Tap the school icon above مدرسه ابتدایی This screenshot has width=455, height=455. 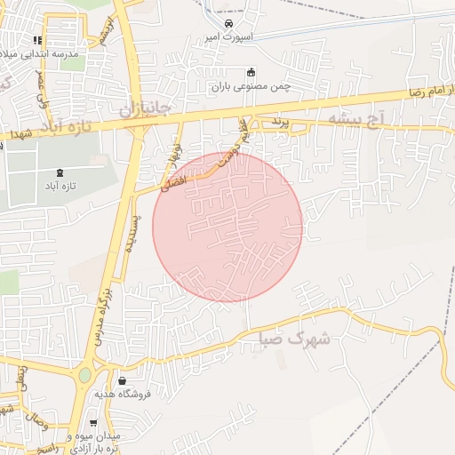[37, 40]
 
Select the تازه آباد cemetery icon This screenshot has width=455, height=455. [60, 172]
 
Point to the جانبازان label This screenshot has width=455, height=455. [151, 109]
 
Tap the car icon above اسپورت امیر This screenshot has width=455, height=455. [229, 22]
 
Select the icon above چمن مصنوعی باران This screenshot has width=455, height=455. [251, 72]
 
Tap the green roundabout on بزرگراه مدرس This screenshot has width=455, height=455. [84, 375]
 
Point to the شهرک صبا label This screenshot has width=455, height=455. [295, 339]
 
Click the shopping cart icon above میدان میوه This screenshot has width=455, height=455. [94, 423]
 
